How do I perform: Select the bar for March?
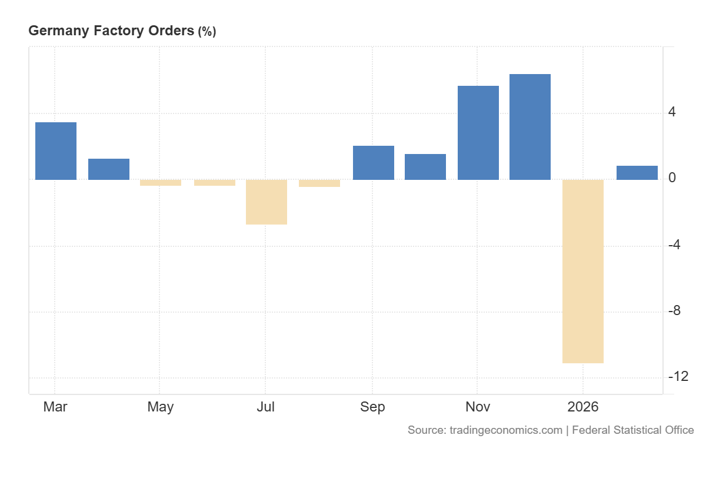[56, 151]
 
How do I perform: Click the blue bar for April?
[109, 169]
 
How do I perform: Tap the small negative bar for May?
[161, 183]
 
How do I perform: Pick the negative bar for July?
[267, 202]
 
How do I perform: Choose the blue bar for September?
[374, 163]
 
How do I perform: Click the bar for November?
[478, 133]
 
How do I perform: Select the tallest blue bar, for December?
[530, 127]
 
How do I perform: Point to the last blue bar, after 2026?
[637, 173]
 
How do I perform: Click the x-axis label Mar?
[55, 407]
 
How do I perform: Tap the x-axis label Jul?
[266, 407]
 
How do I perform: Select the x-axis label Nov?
[477, 407]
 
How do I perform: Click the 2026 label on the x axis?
[582, 407]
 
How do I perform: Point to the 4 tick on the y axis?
[672, 112]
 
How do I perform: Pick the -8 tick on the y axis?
[674, 311]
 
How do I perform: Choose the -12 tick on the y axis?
[678, 377]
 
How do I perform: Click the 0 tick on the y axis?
[672, 178]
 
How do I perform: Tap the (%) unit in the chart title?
[207, 32]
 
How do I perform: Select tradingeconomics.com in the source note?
[506, 430]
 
